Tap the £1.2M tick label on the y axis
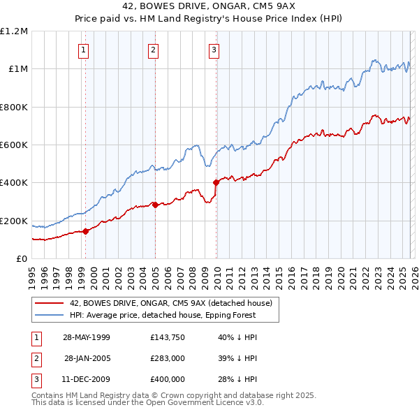(x=14, y=31)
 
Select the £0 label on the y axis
(x=22, y=259)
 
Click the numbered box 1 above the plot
(x=84, y=50)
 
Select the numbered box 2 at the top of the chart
(x=153, y=50)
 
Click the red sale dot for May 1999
(x=85, y=231)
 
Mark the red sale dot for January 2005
(x=155, y=205)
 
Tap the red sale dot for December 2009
(x=216, y=182)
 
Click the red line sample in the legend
(x=50, y=303)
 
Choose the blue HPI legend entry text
(x=163, y=315)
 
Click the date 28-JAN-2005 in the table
(x=87, y=358)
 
